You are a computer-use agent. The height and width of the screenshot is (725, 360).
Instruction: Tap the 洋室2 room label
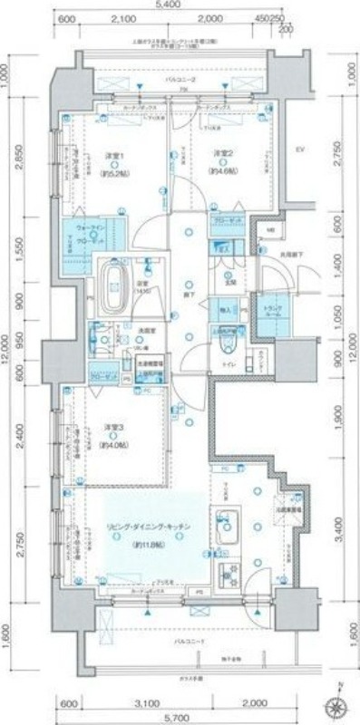[225, 153]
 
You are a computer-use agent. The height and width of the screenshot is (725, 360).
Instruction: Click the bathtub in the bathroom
[116, 278]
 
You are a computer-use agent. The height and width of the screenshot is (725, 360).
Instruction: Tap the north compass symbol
[339, 707]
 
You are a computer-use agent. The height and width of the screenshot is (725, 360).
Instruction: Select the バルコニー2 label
[189, 81]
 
